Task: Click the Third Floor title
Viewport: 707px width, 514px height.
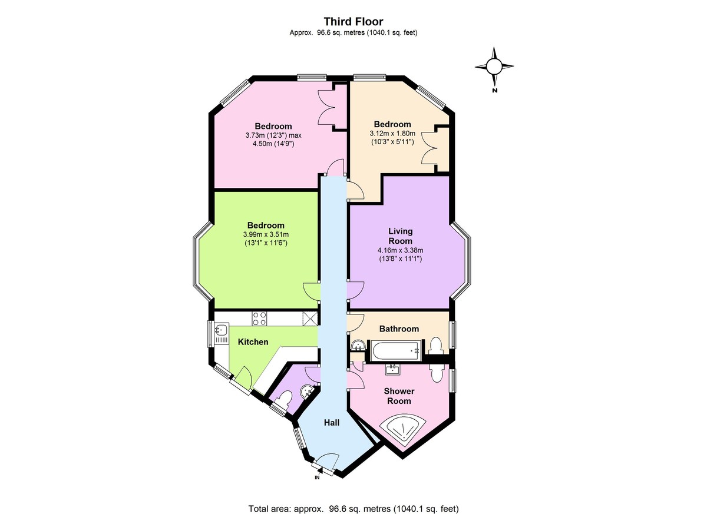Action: [353, 21]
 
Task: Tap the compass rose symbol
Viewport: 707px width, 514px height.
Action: [494, 67]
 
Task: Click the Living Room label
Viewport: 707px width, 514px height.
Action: [400, 236]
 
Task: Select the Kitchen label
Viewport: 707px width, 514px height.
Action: [253, 342]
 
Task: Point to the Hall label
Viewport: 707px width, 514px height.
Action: [332, 423]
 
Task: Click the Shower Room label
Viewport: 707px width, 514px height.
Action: [399, 396]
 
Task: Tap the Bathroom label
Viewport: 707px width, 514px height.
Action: [399, 329]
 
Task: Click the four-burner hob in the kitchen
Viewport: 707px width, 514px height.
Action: [259, 319]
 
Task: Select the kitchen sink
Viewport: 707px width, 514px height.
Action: [222, 330]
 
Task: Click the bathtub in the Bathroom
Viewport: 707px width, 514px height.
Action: [395, 351]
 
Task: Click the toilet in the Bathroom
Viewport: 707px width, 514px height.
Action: [436, 346]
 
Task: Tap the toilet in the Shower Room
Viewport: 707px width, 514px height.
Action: [437, 373]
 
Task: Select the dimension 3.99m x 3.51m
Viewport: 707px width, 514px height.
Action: [266, 234]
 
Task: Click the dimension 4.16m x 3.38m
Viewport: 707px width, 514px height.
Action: [400, 250]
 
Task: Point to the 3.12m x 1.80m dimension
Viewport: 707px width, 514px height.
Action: [392, 134]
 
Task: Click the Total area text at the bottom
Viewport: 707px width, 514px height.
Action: [353, 500]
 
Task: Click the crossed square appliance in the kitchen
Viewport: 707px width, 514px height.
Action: [310, 318]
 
